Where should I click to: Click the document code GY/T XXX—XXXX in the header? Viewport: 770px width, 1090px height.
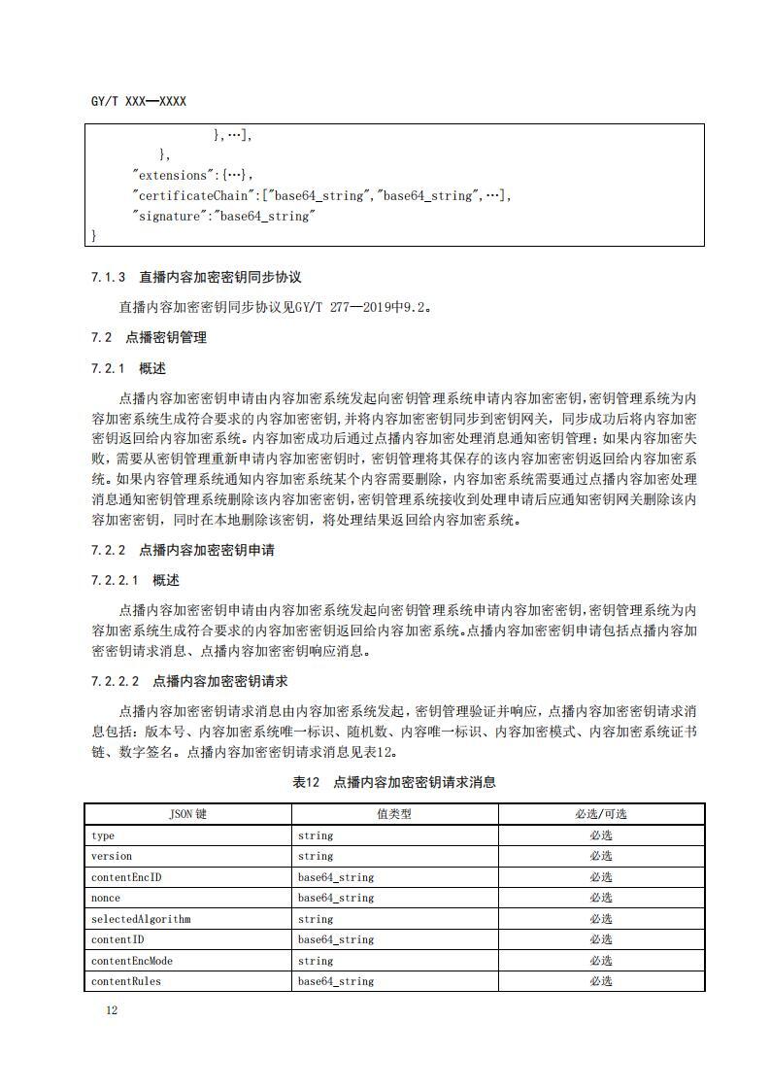[x=138, y=101]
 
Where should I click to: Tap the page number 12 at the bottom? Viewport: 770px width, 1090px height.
[x=112, y=1010]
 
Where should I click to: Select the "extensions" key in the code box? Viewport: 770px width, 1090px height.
[x=172, y=176]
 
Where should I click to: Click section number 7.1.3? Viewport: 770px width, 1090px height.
[x=109, y=278]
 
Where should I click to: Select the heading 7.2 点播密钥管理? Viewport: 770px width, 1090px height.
[x=149, y=338]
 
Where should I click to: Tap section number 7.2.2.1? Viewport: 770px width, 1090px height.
[x=116, y=580]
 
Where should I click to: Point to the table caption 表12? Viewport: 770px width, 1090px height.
[x=306, y=782]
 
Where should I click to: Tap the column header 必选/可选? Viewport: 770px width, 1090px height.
[x=600, y=814]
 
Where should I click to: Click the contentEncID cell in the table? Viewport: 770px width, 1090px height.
[x=126, y=877]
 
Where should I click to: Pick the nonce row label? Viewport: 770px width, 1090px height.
[x=106, y=899]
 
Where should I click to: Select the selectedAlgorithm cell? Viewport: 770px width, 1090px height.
[x=141, y=919]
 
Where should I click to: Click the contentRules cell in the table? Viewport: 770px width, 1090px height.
[x=126, y=981]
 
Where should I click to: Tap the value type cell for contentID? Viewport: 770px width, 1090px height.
[x=335, y=939]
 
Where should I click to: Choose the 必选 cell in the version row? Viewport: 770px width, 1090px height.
[x=600, y=856]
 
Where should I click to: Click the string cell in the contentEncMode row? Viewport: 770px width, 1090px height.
[x=316, y=961]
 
